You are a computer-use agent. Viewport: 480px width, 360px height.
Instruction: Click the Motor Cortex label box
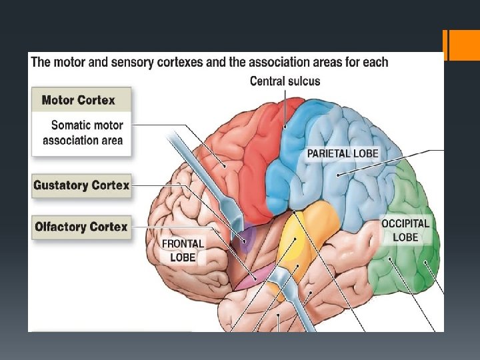point(79,101)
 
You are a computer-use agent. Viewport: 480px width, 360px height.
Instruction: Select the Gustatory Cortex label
point(81,185)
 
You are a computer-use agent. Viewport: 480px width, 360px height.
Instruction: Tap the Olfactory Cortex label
point(81,227)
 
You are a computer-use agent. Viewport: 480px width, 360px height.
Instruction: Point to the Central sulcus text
point(285,81)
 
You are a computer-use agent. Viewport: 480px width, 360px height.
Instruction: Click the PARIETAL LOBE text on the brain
point(343,153)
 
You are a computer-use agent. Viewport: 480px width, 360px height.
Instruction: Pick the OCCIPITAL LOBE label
point(405,230)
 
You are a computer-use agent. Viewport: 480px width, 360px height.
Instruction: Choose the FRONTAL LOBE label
point(183,250)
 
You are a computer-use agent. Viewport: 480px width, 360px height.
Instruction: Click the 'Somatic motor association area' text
point(83,132)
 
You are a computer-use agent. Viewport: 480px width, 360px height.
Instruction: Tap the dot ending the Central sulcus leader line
point(285,127)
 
